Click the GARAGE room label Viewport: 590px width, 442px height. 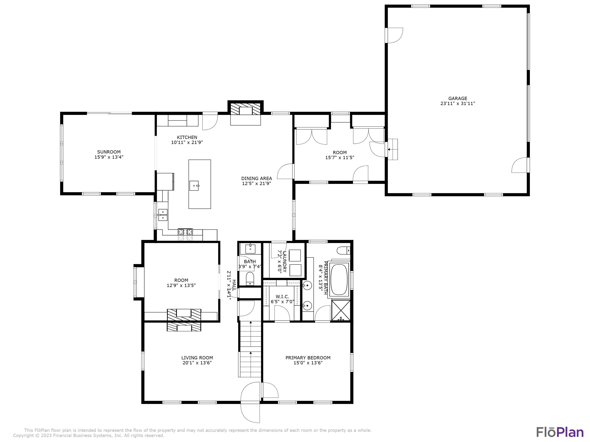pyautogui.click(x=457, y=98)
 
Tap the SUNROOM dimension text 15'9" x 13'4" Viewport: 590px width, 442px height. pyautogui.click(x=109, y=157)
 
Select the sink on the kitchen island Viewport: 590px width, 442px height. pyautogui.click(x=194, y=185)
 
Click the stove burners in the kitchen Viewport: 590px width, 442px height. pyautogui.click(x=185, y=232)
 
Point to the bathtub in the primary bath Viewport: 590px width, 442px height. pyautogui.click(x=339, y=280)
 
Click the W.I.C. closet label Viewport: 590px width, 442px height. pyautogui.click(x=282, y=296)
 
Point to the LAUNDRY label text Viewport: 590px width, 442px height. pyautogui.click(x=284, y=262)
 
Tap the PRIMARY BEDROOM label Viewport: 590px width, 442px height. pyautogui.click(x=308, y=358)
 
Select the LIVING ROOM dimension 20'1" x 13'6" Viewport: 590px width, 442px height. pyautogui.click(x=197, y=363)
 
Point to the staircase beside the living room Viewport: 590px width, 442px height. pyautogui.click(x=250, y=349)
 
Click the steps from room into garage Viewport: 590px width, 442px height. pyautogui.click(x=392, y=149)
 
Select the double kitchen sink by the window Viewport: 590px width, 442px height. pyautogui.click(x=162, y=215)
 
